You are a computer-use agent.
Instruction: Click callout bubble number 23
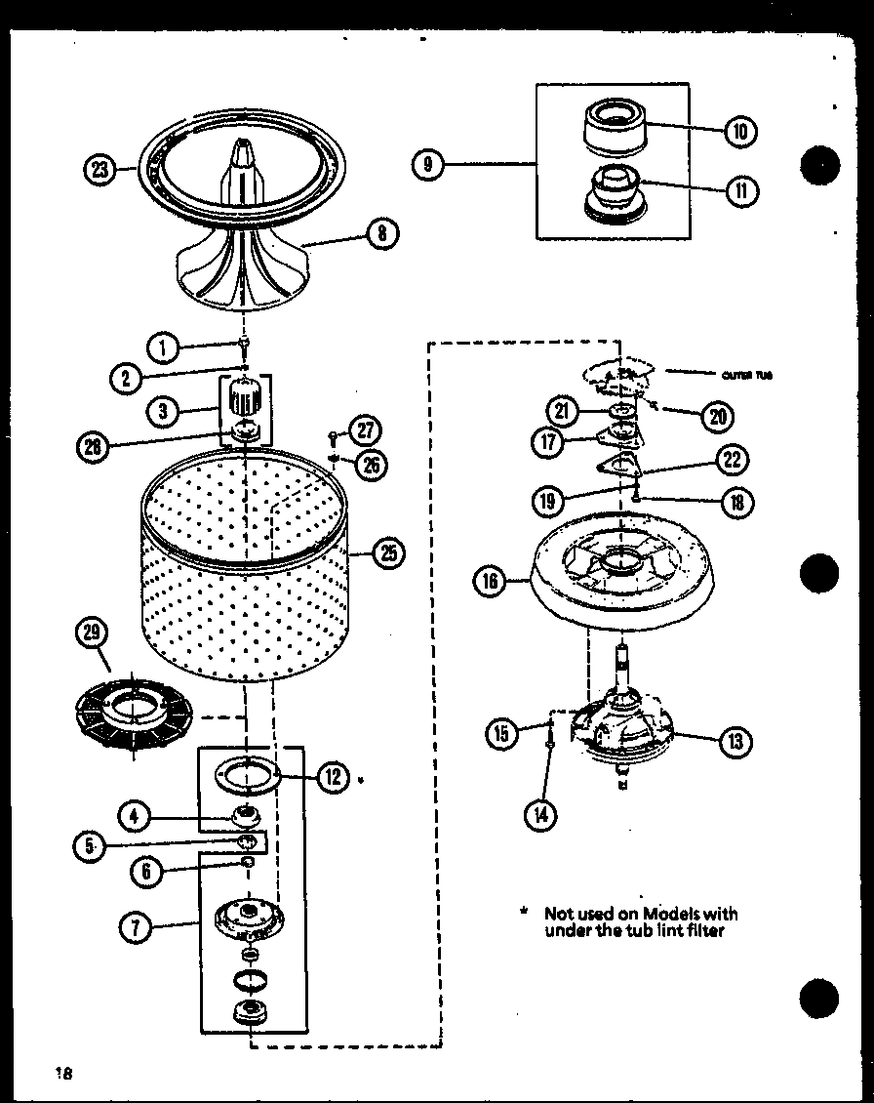coord(99,171)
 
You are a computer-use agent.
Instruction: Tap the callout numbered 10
coord(740,131)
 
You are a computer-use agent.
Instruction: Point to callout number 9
coord(428,165)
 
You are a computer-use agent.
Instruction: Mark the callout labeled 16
coord(490,582)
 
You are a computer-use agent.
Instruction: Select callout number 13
coord(735,743)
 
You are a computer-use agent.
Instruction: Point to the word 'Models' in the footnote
coord(667,914)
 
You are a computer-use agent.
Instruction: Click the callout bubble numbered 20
coord(717,416)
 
